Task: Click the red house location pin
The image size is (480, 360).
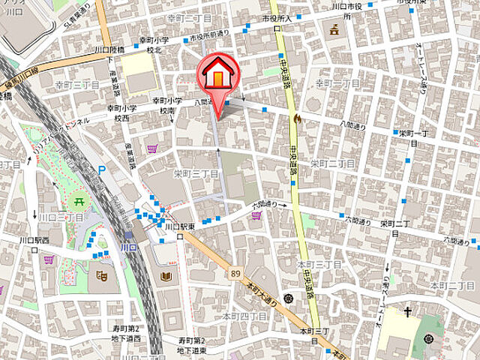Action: pos(217,75)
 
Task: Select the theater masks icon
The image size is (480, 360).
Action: pos(103,275)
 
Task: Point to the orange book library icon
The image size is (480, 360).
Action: pos(165,277)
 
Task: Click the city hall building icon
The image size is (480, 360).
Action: pos(333,30)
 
